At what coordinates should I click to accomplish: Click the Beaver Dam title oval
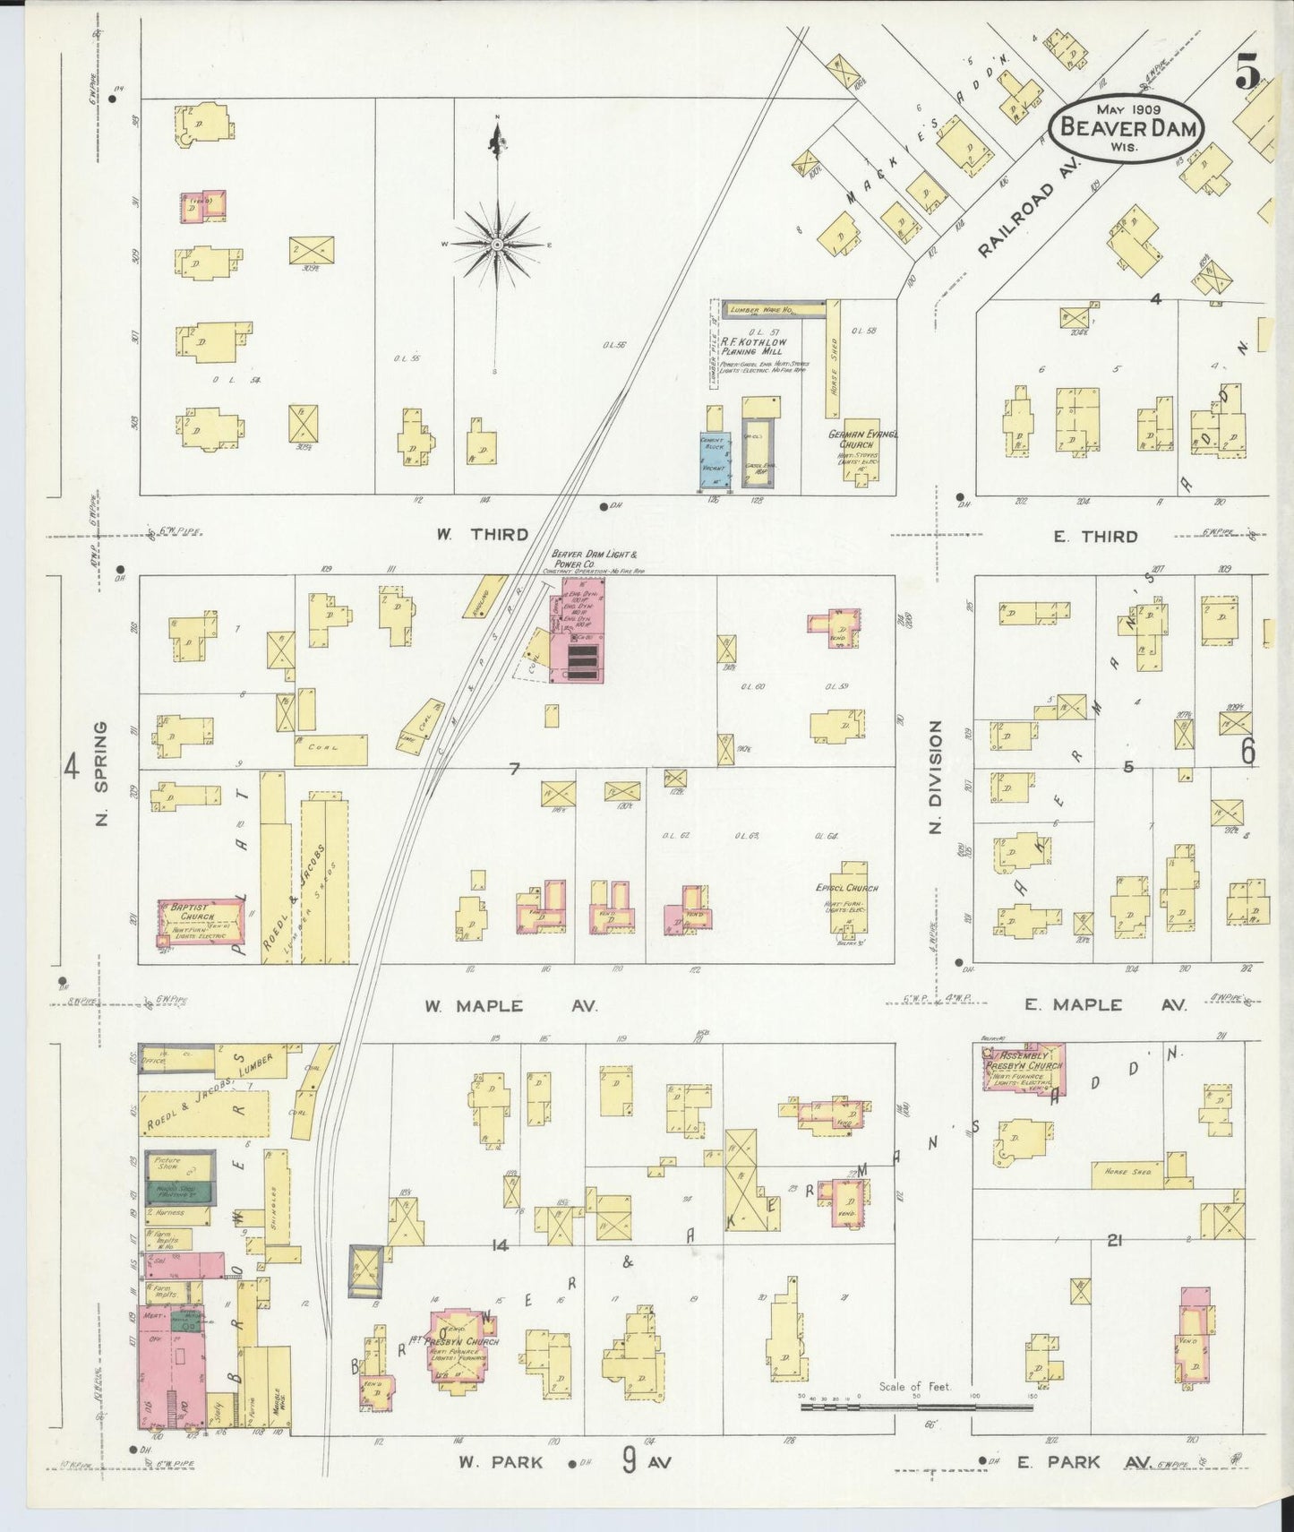coord(1127,130)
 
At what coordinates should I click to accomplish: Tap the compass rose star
coord(497,244)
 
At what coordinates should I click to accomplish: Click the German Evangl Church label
coord(863,439)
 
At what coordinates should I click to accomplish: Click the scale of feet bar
coord(915,1407)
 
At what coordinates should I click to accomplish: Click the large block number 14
coord(499,1244)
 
